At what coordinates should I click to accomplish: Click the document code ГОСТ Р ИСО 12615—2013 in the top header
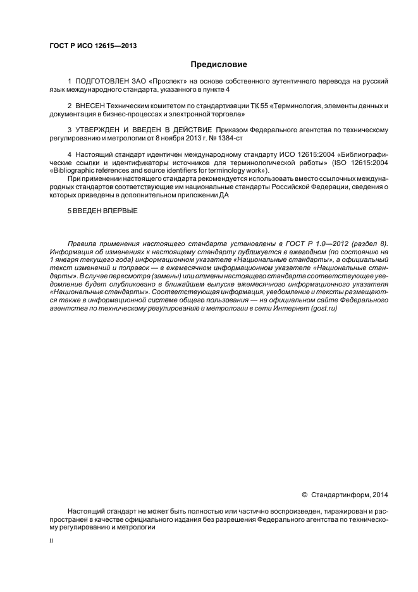pyautogui.click(x=92, y=46)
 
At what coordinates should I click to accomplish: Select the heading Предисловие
pyautogui.click(x=219, y=65)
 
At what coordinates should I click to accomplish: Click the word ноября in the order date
pyautogui.click(x=183, y=138)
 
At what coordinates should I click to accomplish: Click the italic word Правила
pyautogui.click(x=82, y=243)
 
